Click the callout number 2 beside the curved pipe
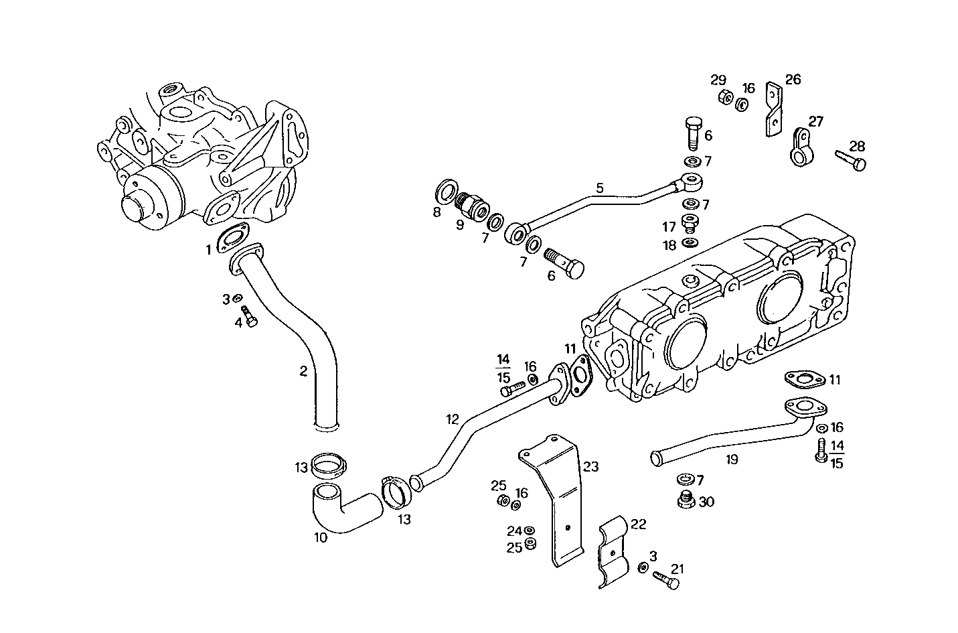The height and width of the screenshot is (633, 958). (303, 371)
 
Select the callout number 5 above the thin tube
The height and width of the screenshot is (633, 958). (600, 188)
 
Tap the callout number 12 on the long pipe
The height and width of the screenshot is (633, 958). (453, 419)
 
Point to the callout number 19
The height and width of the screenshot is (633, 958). (732, 460)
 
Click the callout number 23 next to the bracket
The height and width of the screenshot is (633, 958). (590, 466)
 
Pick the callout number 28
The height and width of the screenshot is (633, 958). (857, 146)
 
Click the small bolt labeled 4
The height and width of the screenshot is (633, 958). (249, 316)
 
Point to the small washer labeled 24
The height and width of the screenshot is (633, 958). (530, 531)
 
